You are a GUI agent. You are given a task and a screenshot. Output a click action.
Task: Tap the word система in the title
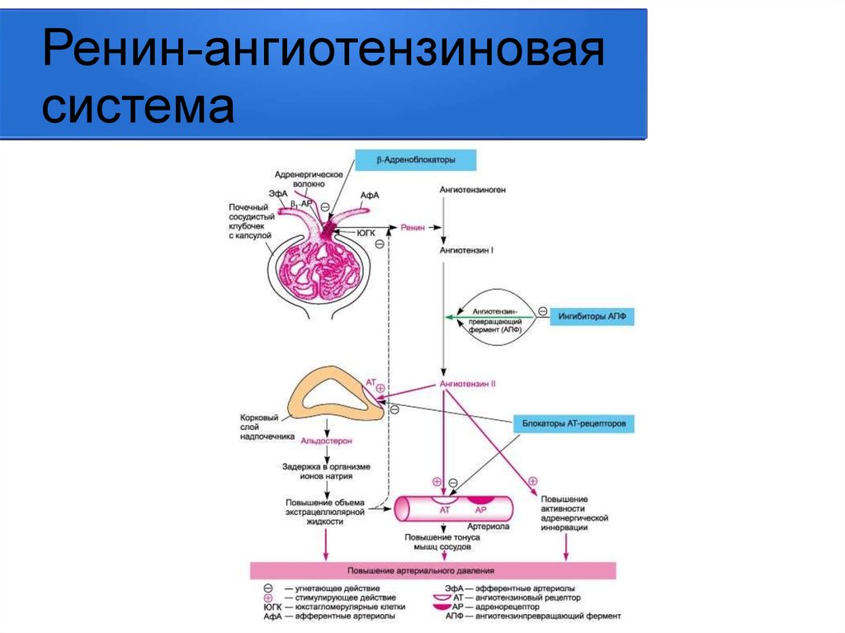pos(138,107)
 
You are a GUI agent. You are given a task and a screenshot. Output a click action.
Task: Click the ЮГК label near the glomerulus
pos(366,234)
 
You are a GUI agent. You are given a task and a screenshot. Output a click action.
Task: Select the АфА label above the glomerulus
pos(370,196)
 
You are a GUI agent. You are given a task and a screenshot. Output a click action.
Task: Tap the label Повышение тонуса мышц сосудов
pos(437,542)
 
